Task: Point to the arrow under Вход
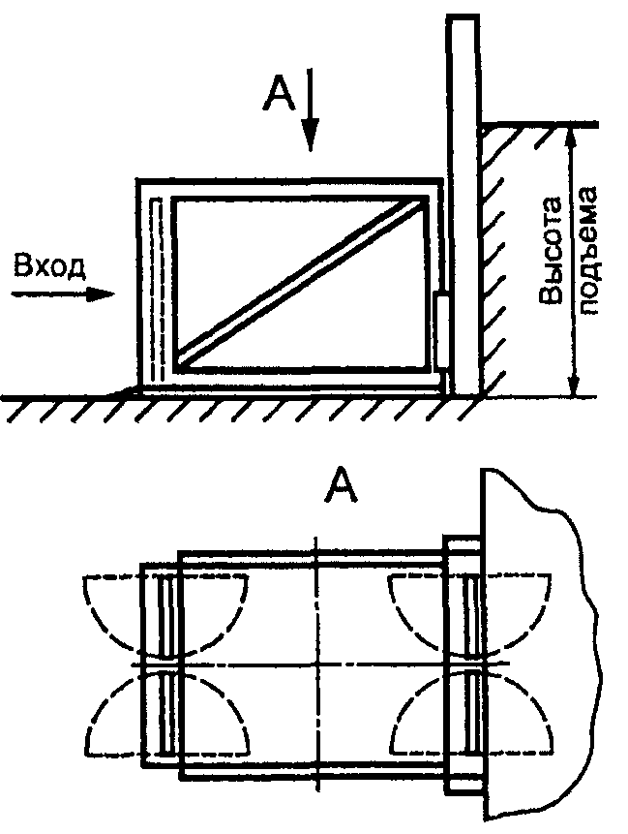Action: point(63,294)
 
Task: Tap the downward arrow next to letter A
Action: point(311,109)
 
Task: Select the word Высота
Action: point(551,250)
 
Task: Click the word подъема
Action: point(586,250)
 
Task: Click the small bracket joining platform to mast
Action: point(442,330)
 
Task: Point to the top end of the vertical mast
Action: point(464,17)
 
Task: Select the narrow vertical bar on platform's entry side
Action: point(156,290)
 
